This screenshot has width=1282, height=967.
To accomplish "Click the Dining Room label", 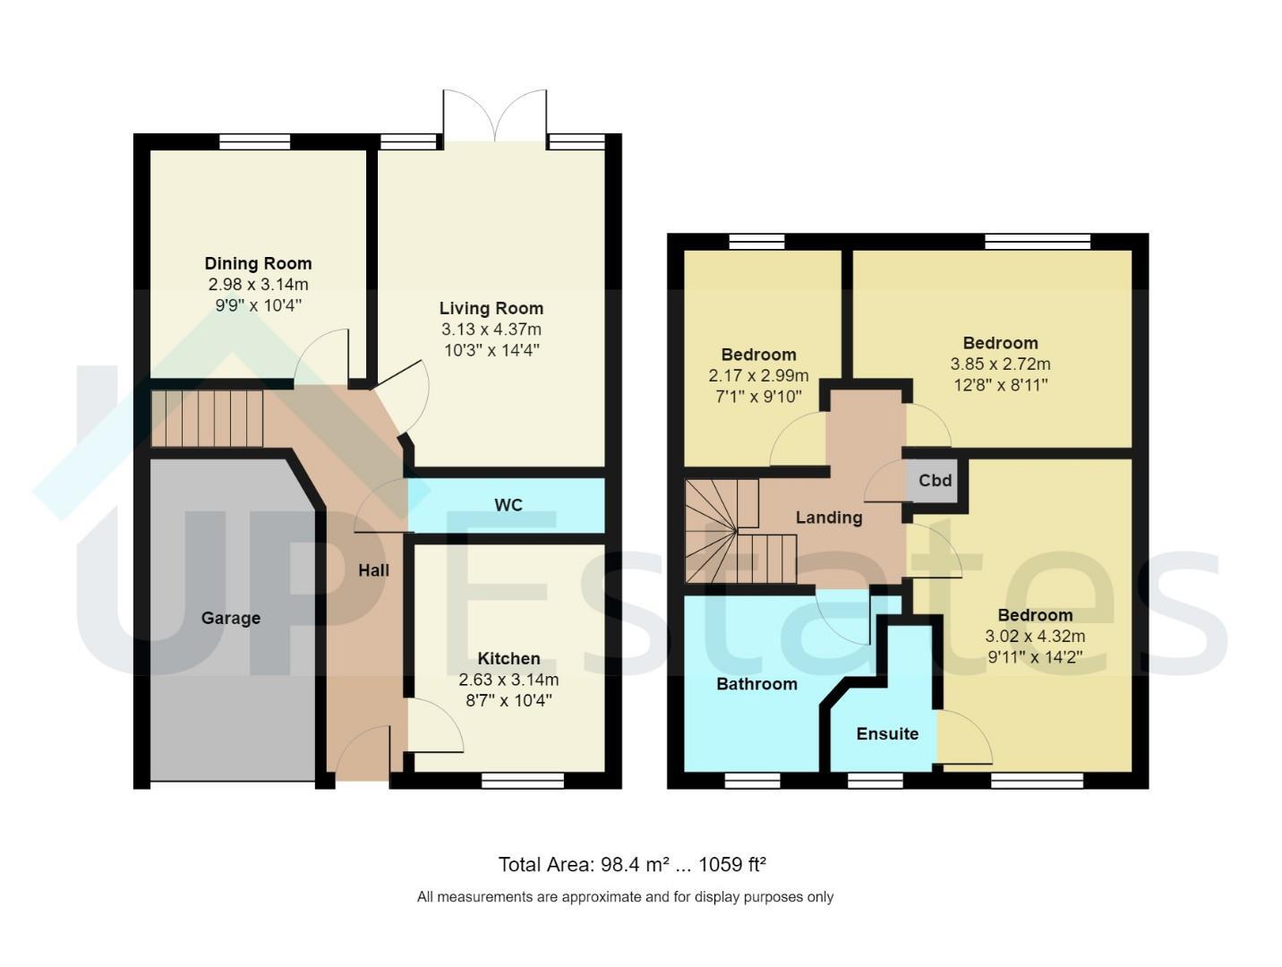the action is (x=258, y=263).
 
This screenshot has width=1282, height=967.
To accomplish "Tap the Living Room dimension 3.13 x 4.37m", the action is (x=491, y=329).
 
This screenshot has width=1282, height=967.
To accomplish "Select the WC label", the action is (x=509, y=505).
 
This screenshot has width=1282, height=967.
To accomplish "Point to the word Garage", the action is (x=231, y=618).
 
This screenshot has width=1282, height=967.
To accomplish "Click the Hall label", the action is (x=374, y=570).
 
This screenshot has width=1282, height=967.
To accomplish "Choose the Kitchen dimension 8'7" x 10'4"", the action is (x=509, y=700).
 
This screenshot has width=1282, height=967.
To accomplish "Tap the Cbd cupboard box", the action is (x=935, y=481).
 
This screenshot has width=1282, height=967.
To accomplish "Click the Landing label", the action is (x=829, y=518).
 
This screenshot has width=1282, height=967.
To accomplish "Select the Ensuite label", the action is (x=887, y=733).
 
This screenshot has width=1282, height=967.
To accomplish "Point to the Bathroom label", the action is (x=756, y=684).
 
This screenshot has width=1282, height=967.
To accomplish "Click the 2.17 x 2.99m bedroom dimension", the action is (x=758, y=375).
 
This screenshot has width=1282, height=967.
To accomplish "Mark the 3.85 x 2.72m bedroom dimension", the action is (x=1000, y=364).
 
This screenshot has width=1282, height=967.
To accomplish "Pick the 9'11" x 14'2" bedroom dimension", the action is (x=1035, y=657).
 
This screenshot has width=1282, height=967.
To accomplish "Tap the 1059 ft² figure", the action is (x=731, y=864).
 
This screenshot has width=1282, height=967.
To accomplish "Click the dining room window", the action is (x=254, y=141).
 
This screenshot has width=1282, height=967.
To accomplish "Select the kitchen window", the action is (x=523, y=781).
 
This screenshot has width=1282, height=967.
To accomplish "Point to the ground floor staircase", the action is (x=208, y=419).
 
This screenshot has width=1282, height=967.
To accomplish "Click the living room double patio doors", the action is (x=495, y=116).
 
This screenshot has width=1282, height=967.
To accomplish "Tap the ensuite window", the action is (x=875, y=781).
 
